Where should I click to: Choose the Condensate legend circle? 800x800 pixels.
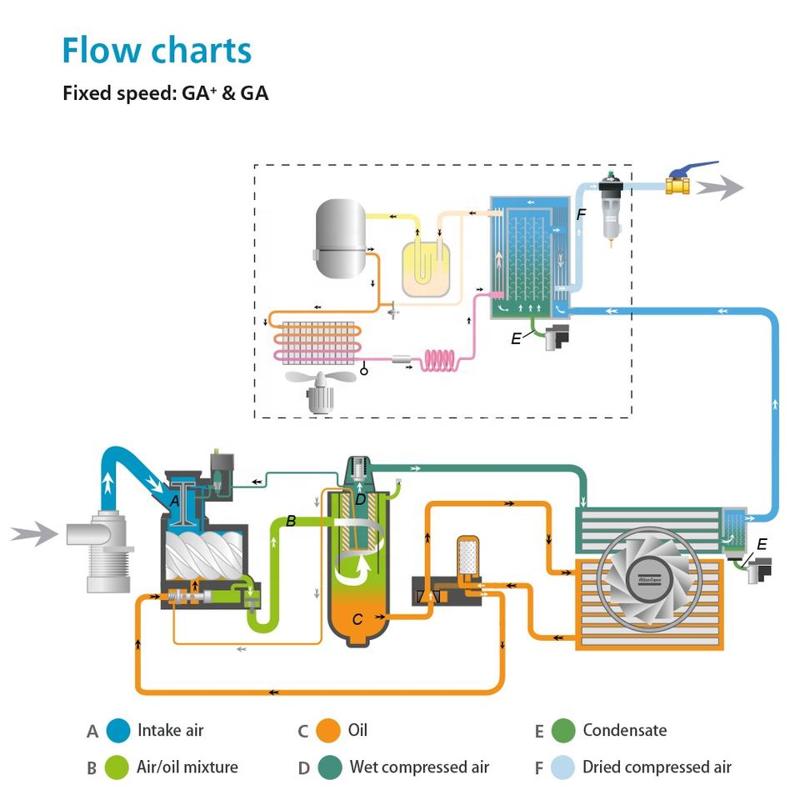tap(563, 731)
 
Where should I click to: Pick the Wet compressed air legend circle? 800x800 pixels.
tap(331, 767)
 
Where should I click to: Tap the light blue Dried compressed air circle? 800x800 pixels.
tap(563, 767)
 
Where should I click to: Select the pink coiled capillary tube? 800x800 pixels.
tap(439, 360)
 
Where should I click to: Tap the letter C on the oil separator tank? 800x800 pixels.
tap(357, 619)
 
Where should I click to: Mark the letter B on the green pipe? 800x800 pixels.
tap(291, 521)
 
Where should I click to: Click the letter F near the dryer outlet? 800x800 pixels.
tap(581, 215)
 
